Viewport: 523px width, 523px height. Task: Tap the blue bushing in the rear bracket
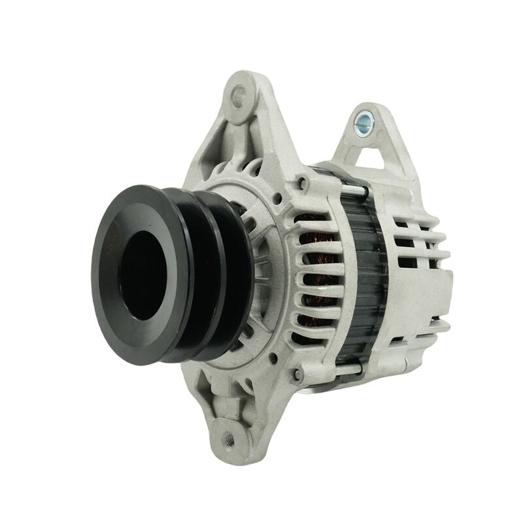[363, 120]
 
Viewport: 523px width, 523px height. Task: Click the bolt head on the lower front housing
[298, 375]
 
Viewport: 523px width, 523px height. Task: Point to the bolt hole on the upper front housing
[302, 184]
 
